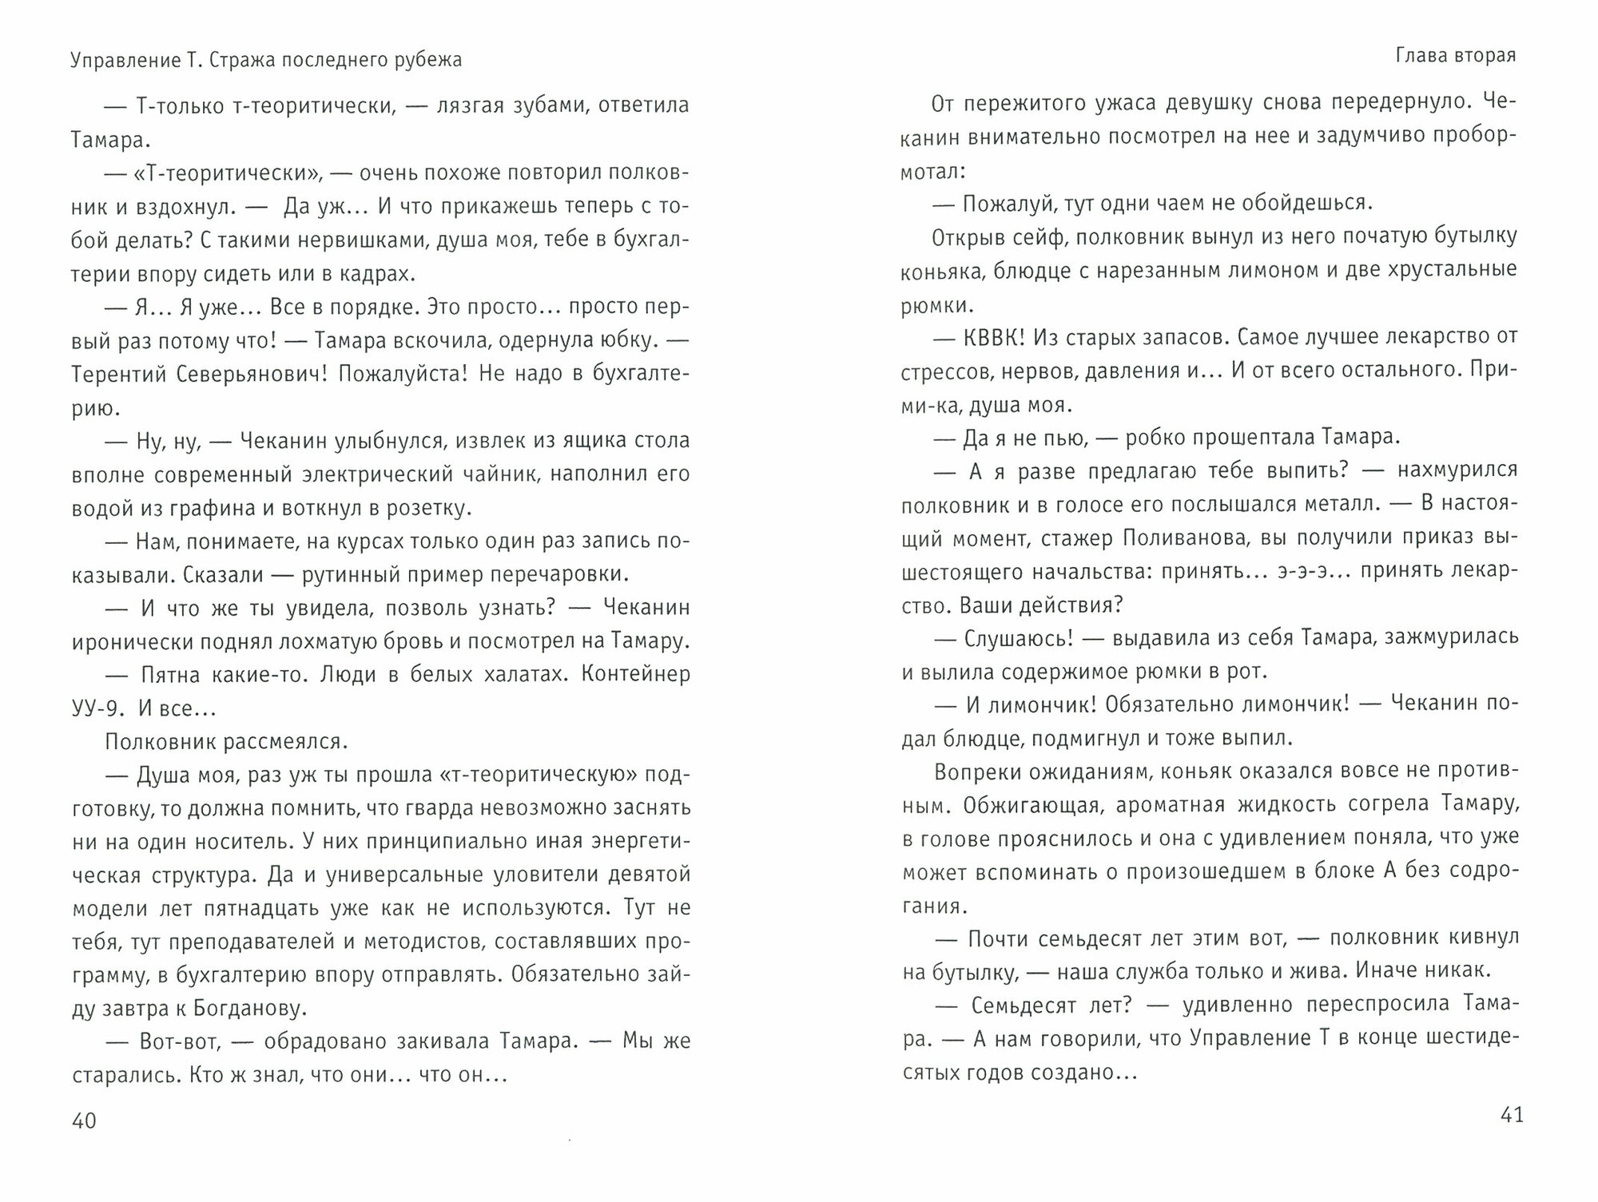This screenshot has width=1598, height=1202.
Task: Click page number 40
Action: click(84, 1121)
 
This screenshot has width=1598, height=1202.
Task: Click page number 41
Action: click(1512, 1115)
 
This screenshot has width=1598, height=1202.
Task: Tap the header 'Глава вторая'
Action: click(1456, 56)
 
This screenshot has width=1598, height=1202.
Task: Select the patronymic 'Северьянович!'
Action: click(260, 374)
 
